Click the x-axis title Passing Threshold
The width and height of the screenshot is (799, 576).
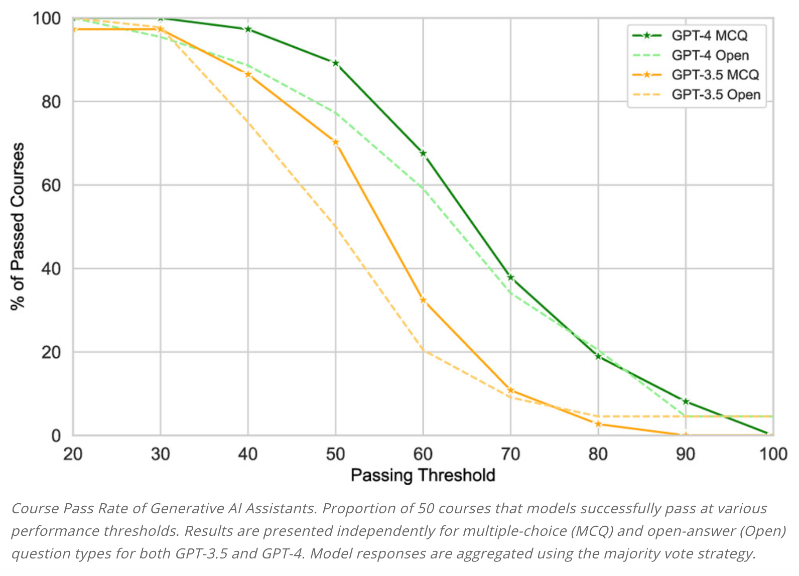[423, 475]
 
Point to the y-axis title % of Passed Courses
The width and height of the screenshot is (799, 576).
[18, 226]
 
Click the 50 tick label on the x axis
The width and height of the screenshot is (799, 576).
[335, 455]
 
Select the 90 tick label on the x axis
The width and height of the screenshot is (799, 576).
[685, 455]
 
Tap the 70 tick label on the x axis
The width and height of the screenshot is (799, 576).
[510, 455]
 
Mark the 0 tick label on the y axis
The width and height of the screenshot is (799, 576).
[56, 436]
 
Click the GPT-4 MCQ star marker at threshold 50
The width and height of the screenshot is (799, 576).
[335, 63]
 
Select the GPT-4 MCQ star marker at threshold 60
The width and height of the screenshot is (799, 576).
[423, 154]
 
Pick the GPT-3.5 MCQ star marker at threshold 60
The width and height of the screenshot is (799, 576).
[423, 300]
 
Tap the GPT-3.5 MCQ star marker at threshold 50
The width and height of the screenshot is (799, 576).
[335, 142]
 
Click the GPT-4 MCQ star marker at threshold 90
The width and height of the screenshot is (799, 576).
[686, 401]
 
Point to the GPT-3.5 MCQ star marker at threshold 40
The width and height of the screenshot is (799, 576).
[248, 74]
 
